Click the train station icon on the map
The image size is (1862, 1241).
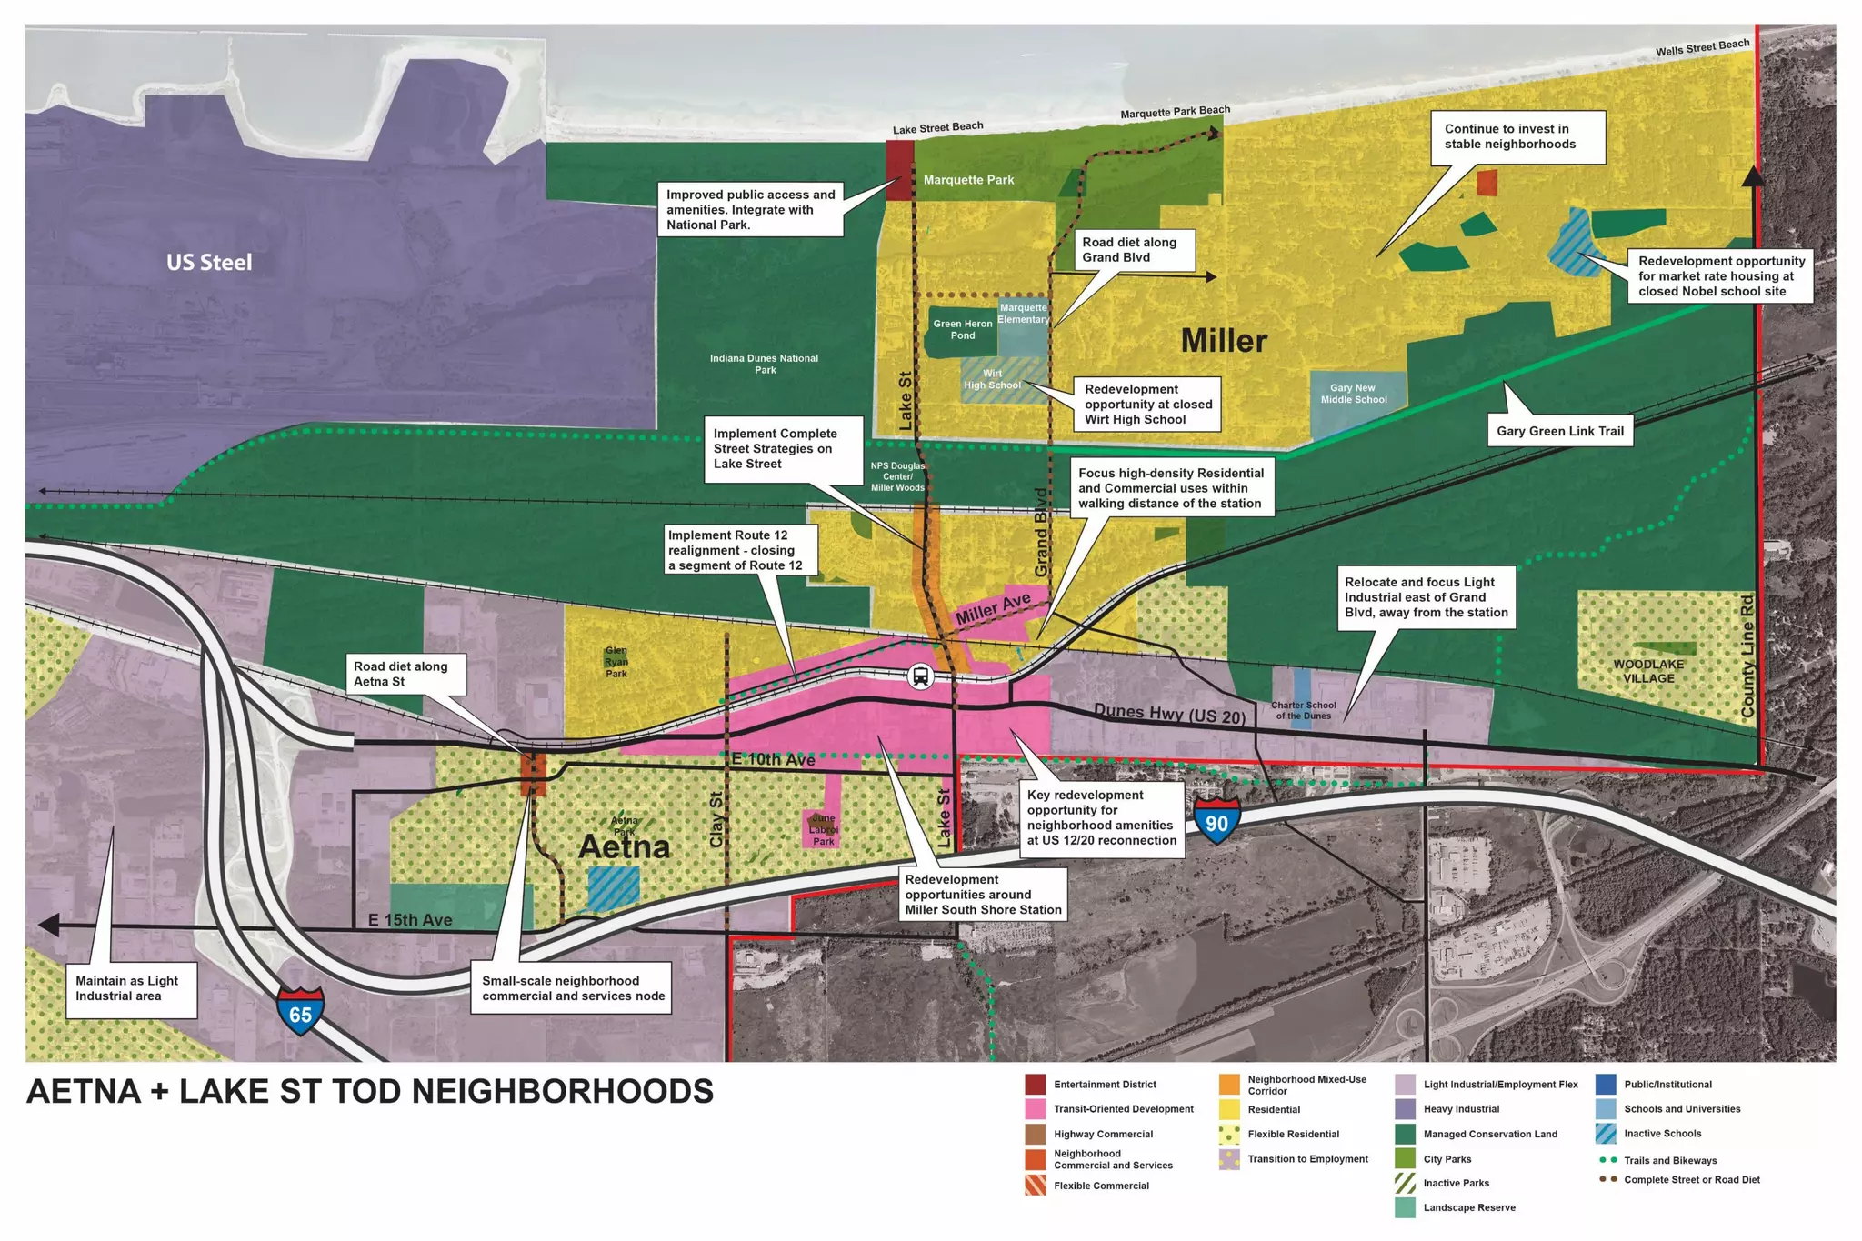920,676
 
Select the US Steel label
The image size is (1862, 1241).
209,263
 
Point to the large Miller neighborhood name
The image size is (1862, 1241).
1224,341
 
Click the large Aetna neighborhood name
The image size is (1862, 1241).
624,846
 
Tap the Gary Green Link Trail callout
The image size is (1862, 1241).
1559,431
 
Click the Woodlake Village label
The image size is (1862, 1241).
1648,671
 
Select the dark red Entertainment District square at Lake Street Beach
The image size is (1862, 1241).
899,171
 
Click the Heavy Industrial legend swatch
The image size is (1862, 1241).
1406,1109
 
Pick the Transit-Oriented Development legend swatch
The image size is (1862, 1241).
1036,1109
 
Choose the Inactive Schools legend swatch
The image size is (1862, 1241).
1606,1134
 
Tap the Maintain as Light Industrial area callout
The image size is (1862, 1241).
127,988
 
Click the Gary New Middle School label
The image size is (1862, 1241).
1354,394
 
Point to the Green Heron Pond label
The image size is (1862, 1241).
963,329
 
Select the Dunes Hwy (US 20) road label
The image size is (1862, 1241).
1169,714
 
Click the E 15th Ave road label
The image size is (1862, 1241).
410,920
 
